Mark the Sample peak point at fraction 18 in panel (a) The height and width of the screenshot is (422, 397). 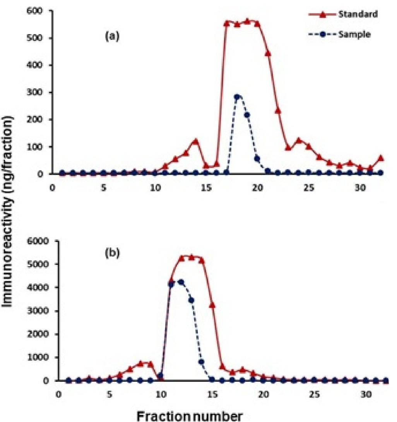click(x=237, y=96)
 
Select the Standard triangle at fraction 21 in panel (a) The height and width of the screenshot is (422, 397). click(x=268, y=53)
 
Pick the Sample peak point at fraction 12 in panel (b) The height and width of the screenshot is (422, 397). click(x=181, y=282)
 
